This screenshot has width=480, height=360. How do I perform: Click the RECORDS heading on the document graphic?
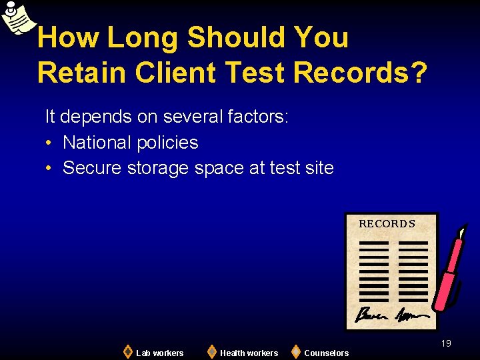387,224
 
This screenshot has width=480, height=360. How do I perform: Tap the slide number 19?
446,343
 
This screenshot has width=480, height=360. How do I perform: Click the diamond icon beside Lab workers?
127,351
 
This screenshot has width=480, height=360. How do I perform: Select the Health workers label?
249,353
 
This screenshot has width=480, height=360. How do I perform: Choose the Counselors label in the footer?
326,353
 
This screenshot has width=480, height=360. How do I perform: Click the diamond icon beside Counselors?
295,351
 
